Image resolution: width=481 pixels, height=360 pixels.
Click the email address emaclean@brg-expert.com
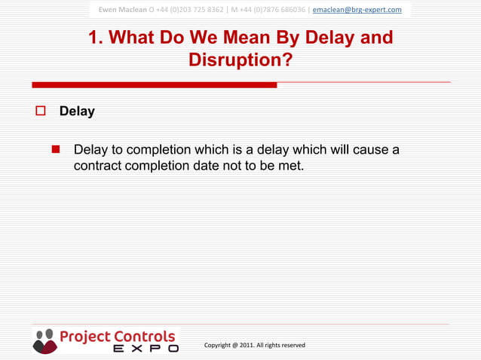(357, 10)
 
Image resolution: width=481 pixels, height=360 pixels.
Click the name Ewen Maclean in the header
(122, 10)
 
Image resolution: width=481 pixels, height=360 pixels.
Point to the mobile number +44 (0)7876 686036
(274, 10)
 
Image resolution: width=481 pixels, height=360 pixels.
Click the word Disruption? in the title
(240, 59)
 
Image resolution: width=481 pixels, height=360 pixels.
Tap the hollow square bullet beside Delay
(41, 111)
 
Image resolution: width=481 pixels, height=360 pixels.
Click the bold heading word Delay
(77, 111)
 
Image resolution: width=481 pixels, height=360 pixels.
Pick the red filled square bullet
(55, 149)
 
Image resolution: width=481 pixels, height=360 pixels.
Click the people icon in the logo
(44, 340)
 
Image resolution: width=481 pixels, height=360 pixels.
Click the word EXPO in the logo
(146, 349)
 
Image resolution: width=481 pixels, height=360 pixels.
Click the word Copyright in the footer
(219, 345)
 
